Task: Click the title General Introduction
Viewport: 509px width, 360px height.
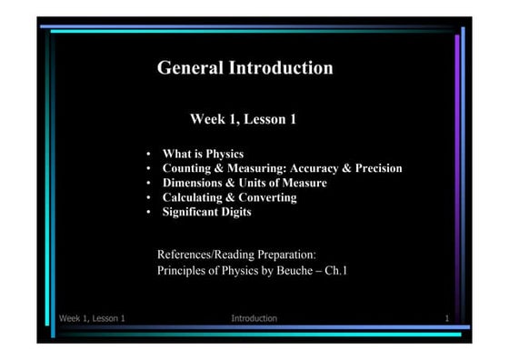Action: tap(245, 67)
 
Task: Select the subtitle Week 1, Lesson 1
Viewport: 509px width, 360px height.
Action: tap(243, 119)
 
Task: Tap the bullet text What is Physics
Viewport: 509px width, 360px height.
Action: tap(203, 154)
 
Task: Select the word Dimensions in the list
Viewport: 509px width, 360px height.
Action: tap(195, 183)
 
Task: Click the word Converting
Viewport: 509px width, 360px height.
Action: tap(269, 197)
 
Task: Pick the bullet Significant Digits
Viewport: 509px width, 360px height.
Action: tap(206, 212)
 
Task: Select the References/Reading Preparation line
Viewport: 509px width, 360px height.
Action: tap(236, 255)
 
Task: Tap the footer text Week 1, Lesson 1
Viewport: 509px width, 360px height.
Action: tap(92, 318)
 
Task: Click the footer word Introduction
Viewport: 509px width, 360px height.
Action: tap(254, 318)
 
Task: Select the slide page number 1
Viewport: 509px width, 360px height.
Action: tap(448, 318)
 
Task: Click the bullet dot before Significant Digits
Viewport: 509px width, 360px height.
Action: tap(148, 213)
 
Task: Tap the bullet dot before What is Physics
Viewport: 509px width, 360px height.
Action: tap(148, 155)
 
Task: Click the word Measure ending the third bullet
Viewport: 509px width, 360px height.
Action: tap(304, 183)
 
